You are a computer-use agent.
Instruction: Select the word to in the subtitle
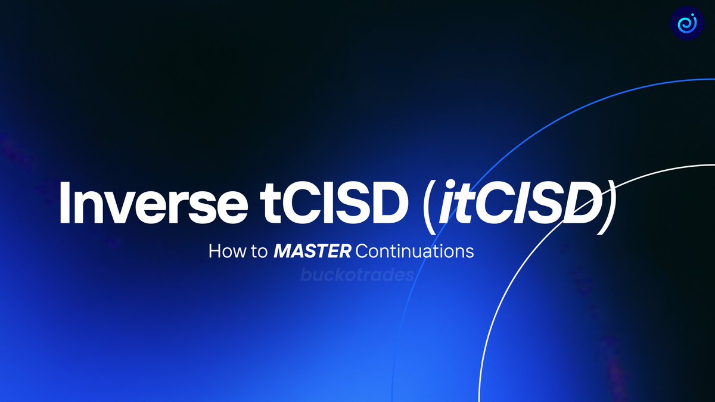[259, 251]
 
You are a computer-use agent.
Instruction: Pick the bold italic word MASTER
[312, 251]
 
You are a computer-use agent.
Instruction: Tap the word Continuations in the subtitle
[414, 251]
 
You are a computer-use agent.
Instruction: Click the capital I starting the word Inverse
[65, 204]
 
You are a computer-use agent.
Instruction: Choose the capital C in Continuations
[362, 251]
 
